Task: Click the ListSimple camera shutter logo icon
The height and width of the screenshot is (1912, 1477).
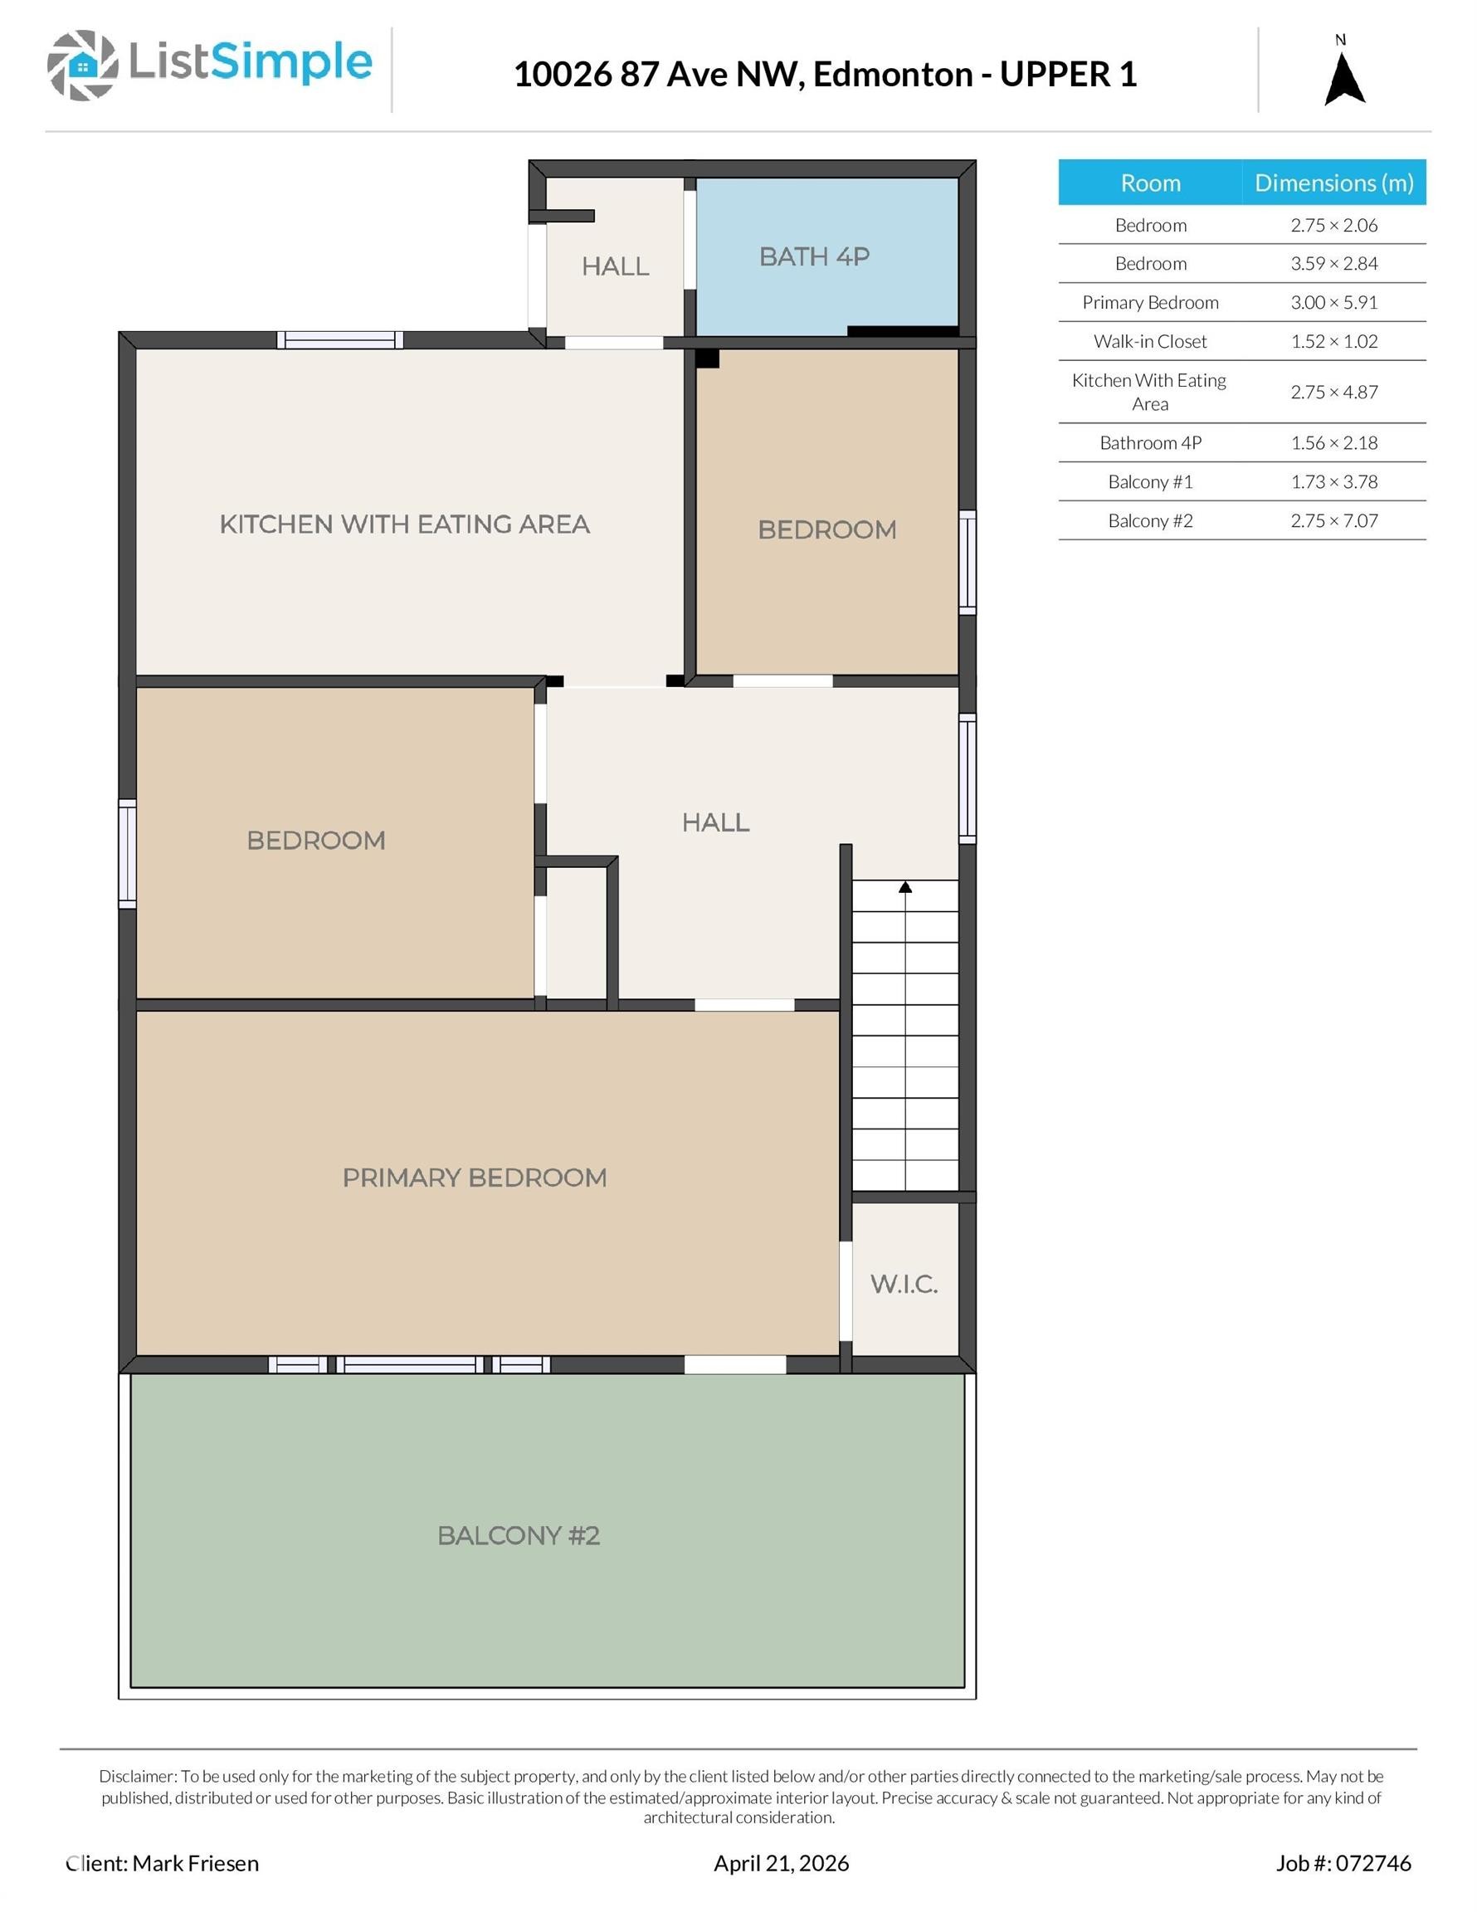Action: coord(82,65)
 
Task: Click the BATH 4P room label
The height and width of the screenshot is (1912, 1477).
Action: coord(814,256)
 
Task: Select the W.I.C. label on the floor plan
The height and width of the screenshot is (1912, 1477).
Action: coord(904,1285)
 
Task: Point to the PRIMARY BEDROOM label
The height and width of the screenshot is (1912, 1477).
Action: coord(475,1178)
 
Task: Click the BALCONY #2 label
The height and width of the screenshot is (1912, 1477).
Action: coord(519,1535)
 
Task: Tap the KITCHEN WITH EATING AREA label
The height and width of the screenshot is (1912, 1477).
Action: coord(404,524)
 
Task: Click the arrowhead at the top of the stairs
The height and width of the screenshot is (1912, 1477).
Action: coord(905,887)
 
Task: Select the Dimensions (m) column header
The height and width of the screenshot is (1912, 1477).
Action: coord(1334,182)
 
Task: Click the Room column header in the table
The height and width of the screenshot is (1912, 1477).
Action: coord(1150,183)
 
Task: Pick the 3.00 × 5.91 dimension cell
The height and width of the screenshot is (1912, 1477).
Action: coord(1334,302)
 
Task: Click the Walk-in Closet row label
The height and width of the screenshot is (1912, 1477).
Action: coord(1150,341)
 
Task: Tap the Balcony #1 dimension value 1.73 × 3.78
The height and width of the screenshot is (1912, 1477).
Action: coord(1334,481)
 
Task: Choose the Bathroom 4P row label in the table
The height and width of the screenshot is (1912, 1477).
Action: coord(1150,443)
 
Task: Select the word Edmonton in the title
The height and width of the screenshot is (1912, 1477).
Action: coord(893,75)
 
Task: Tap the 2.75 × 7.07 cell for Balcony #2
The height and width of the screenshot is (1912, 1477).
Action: coord(1334,521)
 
